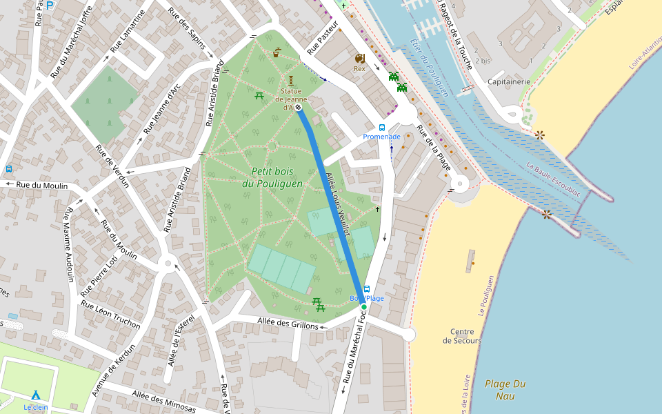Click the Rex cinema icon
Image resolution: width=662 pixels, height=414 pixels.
[359, 59]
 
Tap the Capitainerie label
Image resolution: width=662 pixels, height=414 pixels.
[509, 81]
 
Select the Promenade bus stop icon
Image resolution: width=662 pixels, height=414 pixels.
[382, 128]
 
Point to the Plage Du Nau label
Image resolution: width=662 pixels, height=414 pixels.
[505, 389]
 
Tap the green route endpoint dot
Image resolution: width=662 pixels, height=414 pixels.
[364, 307]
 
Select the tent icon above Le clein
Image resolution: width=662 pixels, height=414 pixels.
[35, 395]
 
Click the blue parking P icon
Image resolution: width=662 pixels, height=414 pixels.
[50, 5]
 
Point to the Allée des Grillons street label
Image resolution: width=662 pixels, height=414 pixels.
[288, 323]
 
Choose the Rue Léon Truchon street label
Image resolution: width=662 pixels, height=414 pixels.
[110, 315]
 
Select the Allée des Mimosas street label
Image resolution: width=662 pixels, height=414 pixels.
[163, 402]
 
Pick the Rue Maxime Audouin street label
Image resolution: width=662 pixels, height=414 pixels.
[69, 245]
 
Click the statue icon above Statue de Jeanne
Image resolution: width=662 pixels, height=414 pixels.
[291, 81]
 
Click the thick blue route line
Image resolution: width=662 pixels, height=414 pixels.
[331, 207]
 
